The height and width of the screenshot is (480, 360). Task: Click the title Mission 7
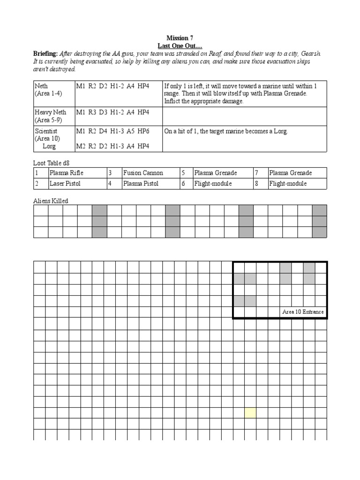pos(180,38)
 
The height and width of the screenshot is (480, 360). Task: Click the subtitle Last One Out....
pos(180,45)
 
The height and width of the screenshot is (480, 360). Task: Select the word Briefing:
pos(45,53)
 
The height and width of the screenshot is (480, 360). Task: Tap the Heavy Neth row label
pos(50,112)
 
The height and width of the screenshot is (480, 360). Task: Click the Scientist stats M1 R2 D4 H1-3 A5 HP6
pos(112,131)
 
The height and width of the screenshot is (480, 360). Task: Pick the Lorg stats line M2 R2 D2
pos(112,146)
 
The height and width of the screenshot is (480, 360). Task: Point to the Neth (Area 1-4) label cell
pos(48,90)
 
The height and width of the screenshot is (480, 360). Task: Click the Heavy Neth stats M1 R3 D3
pos(112,112)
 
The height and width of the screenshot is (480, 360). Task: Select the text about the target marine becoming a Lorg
pos(225,131)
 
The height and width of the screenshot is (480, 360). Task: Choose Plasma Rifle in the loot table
pos(67,173)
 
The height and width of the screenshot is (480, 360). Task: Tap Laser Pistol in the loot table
pos(65,184)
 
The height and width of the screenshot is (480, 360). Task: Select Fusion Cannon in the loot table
pos(141,173)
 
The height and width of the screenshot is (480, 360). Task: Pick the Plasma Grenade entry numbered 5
pos(216,173)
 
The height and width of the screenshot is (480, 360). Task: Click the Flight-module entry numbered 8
pos(288,184)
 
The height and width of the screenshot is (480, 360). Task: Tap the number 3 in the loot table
pos(110,173)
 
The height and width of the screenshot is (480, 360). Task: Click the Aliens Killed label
pos(50,201)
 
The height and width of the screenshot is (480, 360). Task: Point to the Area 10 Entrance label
pos(303,312)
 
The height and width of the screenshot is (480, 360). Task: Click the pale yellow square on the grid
pos(250,412)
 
